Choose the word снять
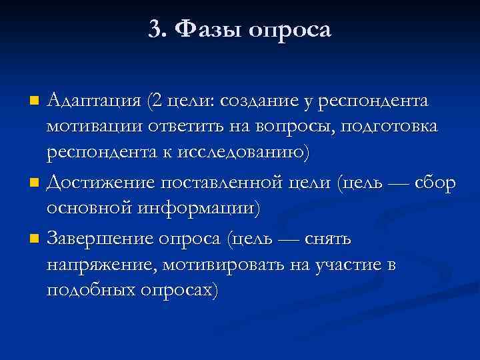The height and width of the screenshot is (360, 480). click(x=330, y=238)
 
